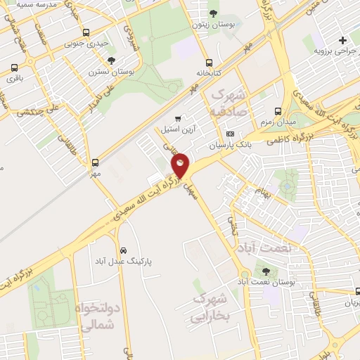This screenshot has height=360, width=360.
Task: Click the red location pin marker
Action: [181, 165]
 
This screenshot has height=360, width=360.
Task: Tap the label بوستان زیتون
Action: [214, 25]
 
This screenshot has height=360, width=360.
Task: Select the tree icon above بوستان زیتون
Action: [214, 13]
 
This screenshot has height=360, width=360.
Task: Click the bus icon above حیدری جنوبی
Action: [86, 32]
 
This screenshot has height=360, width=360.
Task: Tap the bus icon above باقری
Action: [14, 68]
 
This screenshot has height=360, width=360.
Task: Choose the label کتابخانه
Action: [210, 73]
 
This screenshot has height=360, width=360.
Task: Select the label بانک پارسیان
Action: [229, 146]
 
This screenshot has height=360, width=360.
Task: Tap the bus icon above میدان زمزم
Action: [278, 111]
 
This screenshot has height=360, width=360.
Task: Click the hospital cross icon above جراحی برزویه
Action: [342, 40]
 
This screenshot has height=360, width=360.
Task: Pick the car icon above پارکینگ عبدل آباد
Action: [124, 250]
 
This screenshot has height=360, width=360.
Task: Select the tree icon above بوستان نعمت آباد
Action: [265, 271]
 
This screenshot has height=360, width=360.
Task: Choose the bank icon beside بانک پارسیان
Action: [229, 134]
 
